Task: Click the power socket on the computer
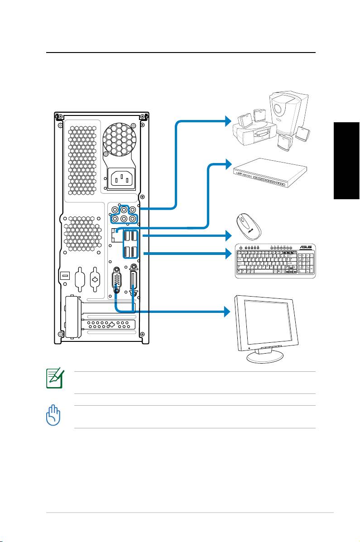coord(121,179)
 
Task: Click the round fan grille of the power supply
coord(120,140)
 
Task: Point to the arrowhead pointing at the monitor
coord(227,312)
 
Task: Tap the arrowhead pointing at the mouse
coord(227,235)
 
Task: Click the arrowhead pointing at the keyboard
coord(227,253)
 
